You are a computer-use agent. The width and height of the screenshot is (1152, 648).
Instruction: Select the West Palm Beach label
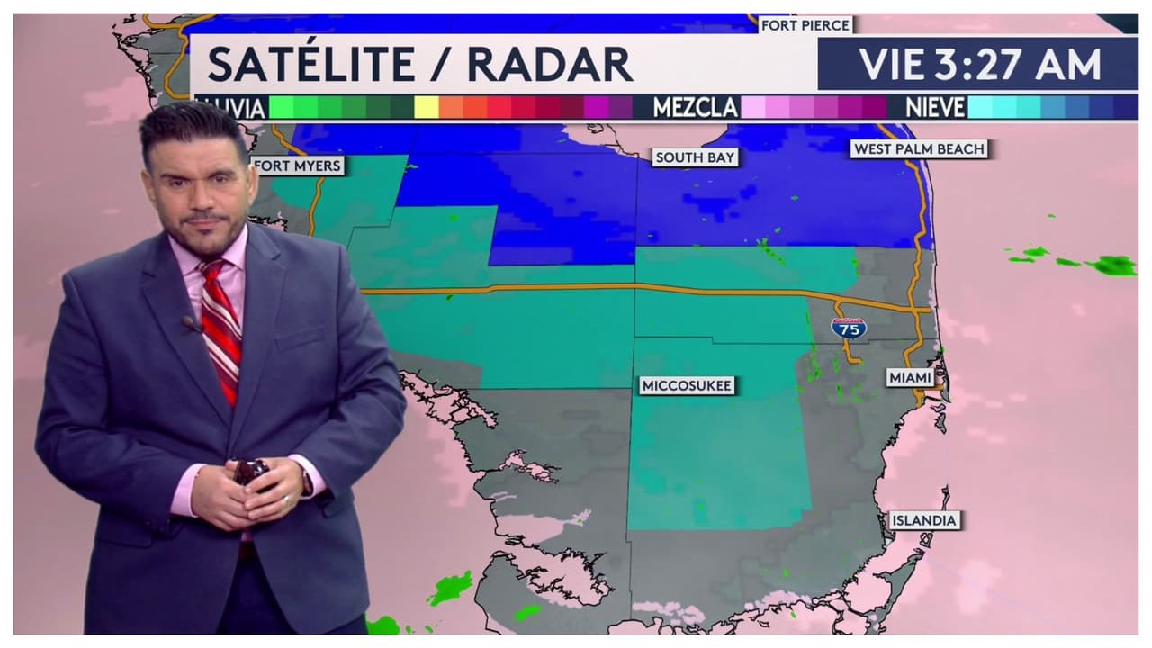(919, 149)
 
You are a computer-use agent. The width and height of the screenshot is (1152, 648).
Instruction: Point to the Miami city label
(911, 378)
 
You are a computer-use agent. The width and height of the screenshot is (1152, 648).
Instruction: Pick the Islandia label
(924, 520)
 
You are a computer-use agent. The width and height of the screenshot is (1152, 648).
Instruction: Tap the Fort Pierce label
(805, 25)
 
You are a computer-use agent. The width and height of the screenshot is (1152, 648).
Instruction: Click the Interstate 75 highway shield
(849, 328)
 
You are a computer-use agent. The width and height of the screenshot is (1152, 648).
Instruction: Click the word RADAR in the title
(550, 64)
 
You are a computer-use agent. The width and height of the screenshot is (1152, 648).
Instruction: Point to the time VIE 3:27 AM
(979, 65)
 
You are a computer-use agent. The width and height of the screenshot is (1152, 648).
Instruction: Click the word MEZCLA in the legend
(695, 108)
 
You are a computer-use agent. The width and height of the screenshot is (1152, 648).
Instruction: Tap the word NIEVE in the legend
(935, 108)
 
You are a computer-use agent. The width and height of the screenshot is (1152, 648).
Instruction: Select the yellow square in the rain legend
(427, 108)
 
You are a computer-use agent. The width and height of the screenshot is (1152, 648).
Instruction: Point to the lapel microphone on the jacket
(190, 322)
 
